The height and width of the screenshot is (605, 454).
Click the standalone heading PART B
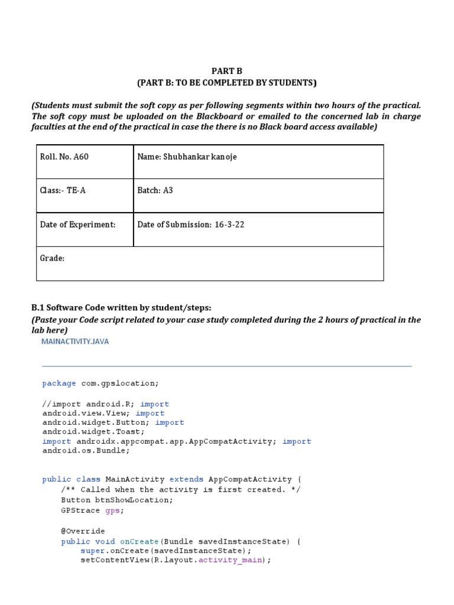pos(227,71)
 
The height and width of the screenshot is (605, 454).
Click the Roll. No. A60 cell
pos(64,157)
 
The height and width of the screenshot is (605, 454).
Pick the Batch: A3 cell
pos(155,191)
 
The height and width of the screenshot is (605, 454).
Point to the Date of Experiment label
pos(77,225)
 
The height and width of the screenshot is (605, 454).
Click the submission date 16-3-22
pos(229,225)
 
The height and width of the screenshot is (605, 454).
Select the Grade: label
pos(52,258)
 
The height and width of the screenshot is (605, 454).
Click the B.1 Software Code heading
pos(121,308)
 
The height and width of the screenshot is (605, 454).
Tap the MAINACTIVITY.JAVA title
pos(75,341)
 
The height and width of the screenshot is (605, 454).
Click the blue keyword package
pos(59,383)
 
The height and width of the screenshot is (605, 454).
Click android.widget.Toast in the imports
pos(92,432)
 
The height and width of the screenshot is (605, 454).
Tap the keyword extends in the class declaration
pos(186,479)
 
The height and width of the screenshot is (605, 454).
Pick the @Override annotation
pos(83,531)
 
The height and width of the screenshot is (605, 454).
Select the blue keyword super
pos(92,551)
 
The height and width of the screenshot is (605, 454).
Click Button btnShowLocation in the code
pos(117,500)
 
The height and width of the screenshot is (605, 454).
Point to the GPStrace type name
pos(80,510)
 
